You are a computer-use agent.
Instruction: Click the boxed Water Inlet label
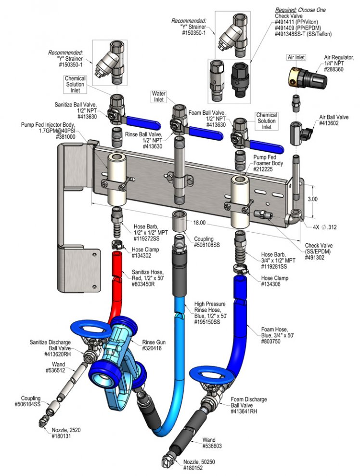159,96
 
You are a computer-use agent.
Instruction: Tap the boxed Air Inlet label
296,57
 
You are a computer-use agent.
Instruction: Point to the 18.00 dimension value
199,223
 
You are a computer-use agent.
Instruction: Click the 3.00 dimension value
313,199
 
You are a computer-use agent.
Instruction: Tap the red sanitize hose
117,285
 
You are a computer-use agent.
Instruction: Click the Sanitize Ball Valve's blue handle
143,123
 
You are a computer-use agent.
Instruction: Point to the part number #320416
152,348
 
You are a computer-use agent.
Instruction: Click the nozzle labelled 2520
43,422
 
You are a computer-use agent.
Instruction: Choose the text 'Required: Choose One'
300,10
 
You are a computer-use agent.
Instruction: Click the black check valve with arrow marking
240,80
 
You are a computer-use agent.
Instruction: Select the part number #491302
315,258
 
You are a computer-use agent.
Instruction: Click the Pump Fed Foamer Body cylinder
240,202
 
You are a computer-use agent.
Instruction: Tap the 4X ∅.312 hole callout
325,227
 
